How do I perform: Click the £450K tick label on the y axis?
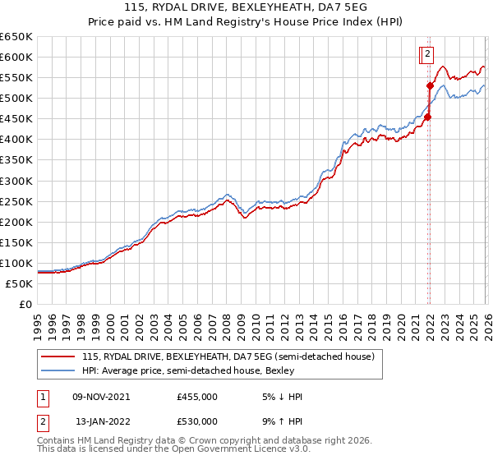point(16,119)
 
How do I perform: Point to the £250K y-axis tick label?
point(16,201)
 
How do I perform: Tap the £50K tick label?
point(19,283)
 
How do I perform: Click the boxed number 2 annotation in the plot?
point(427,55)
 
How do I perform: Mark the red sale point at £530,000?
point(430,85)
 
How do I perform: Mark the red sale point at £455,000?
point(427,117)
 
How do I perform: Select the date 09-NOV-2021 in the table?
point(102,397)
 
